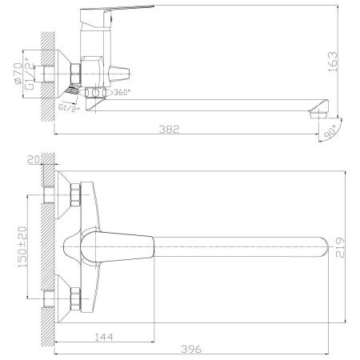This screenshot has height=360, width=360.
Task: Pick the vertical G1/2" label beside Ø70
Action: (30, 69)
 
